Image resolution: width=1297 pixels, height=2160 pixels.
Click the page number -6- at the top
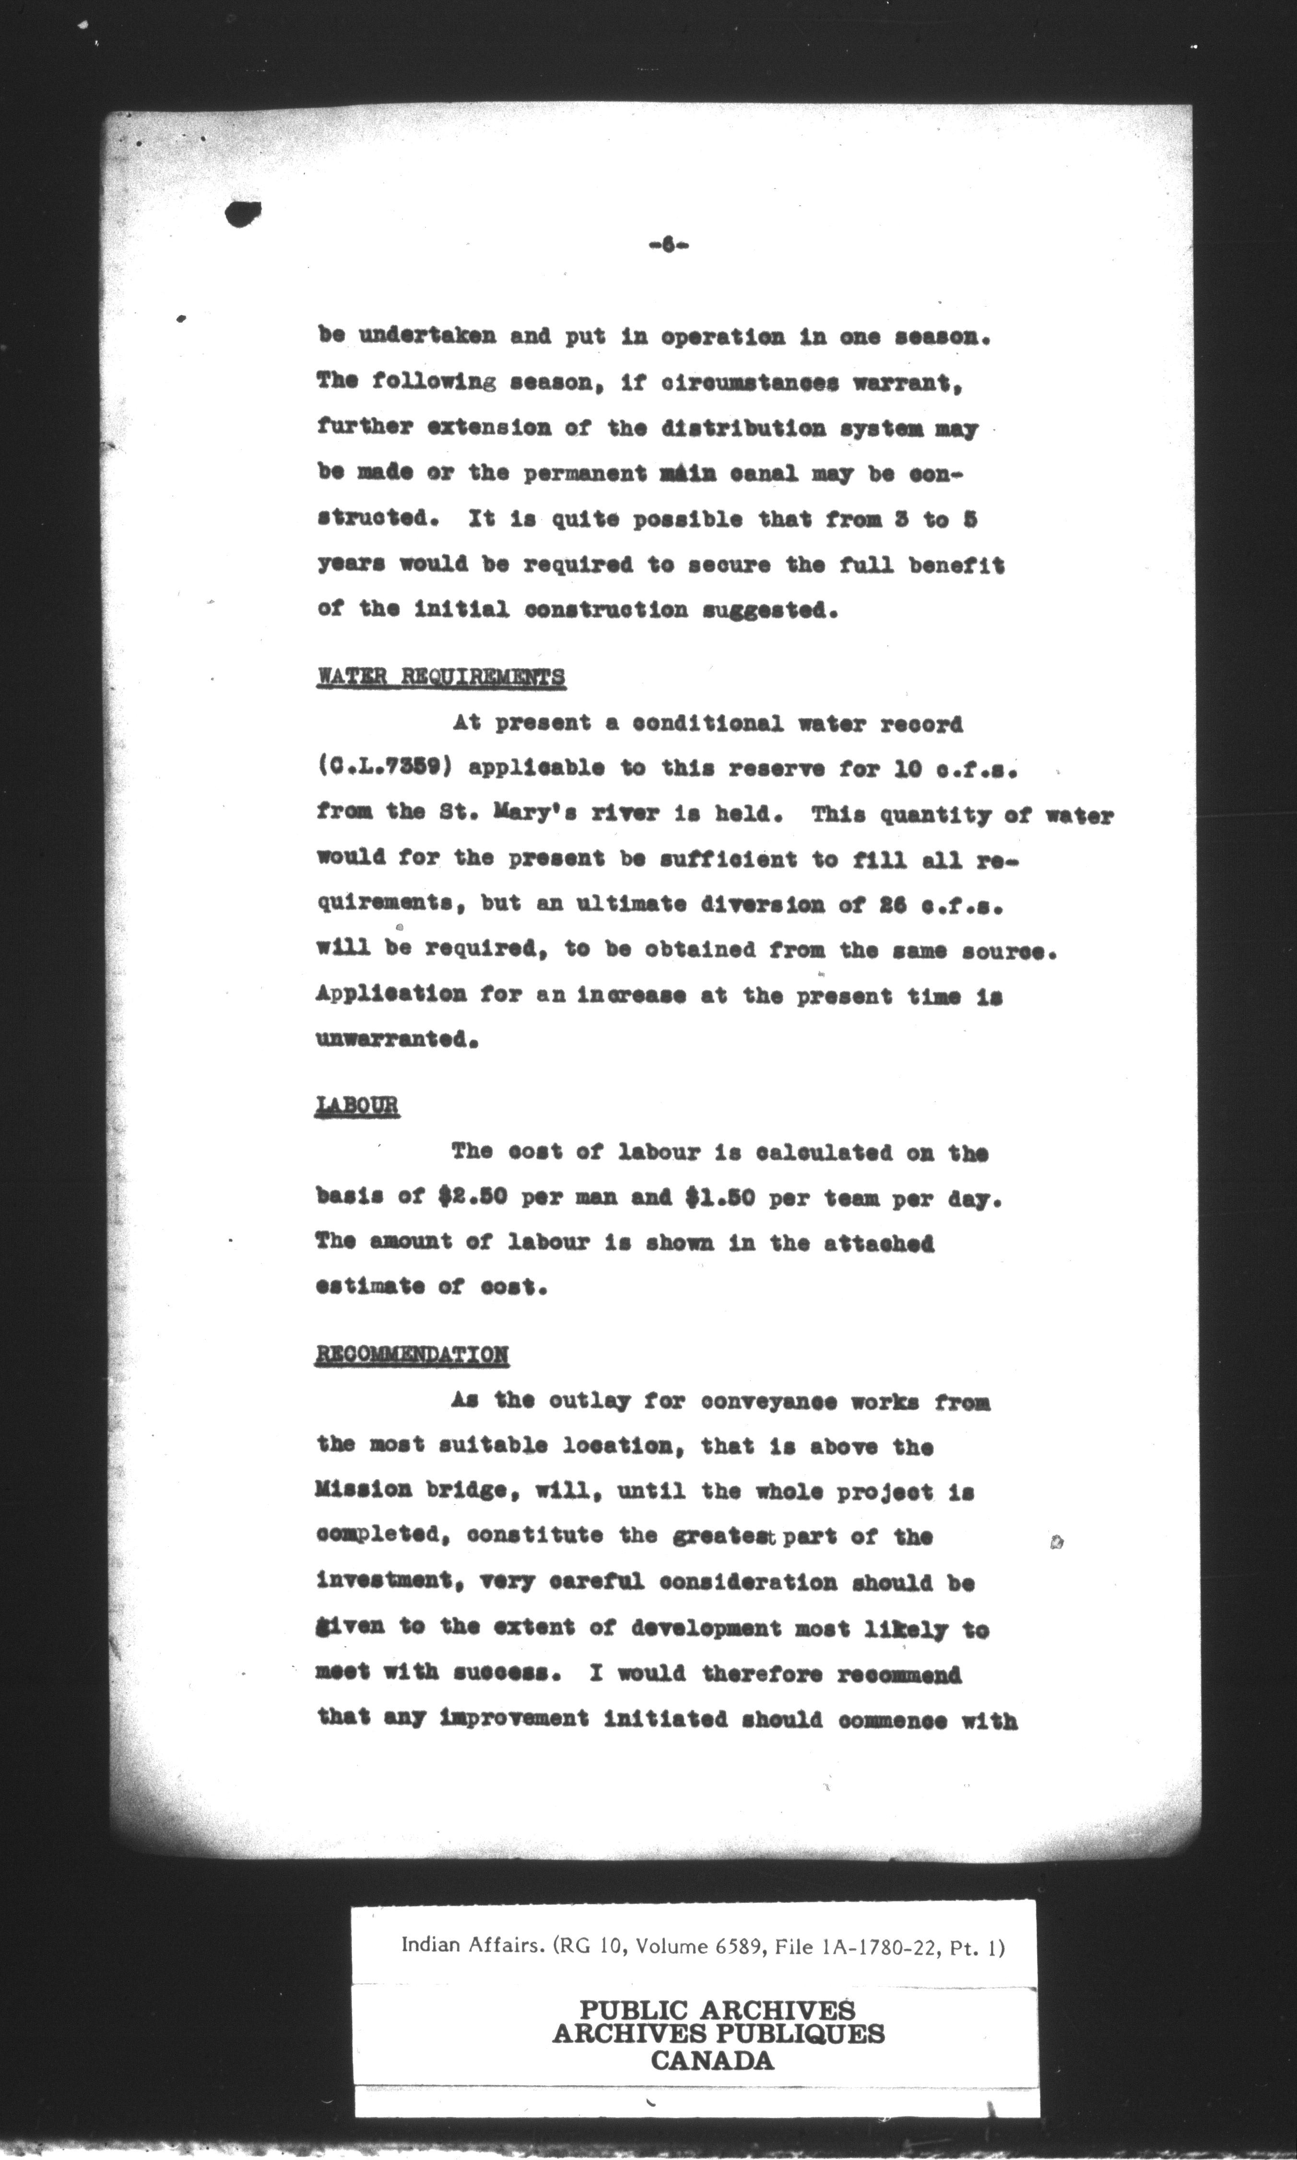coord(669,246)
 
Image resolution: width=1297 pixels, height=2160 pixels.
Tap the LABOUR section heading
coord(356,1106)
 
